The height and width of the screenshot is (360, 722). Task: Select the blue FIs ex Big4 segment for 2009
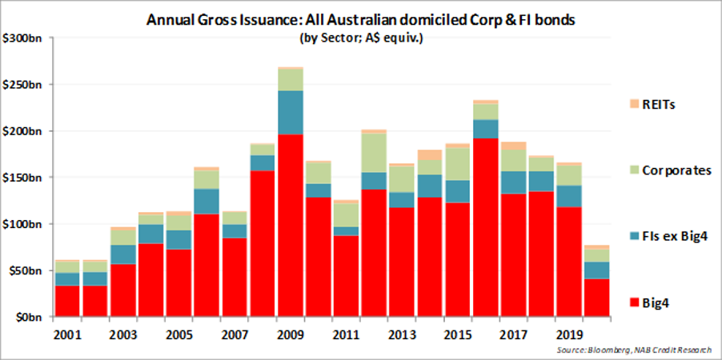point(291,112)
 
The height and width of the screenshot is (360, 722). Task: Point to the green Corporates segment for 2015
point(458,163)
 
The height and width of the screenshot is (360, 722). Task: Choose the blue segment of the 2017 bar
point(514,182)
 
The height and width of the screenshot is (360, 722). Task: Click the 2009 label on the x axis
point(291,333)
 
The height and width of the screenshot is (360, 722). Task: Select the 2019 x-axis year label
point(570,333)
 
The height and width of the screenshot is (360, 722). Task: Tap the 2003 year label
point(123,333)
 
